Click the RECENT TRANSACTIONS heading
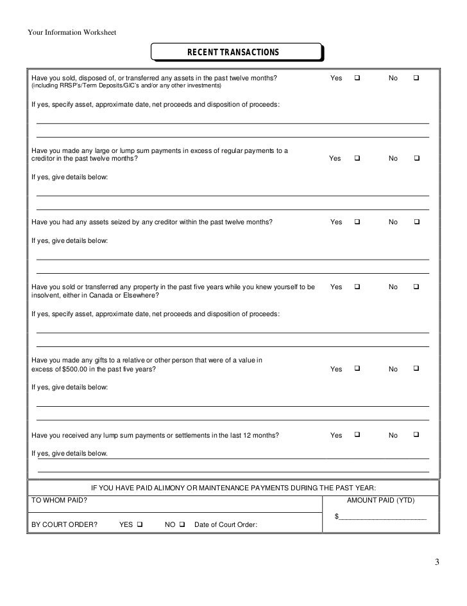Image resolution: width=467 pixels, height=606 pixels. click(236, 52)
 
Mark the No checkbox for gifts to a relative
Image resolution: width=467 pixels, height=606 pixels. click(416, 369)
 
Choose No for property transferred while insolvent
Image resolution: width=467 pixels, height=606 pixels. click(416, 287)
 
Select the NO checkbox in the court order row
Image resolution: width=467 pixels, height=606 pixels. click(183, 524)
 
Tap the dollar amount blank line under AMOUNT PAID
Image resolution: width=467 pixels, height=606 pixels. click(383, 517)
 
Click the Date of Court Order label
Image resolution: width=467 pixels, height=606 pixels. click(226, 524)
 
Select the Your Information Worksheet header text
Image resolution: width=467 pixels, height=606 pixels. click(71, 33)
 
